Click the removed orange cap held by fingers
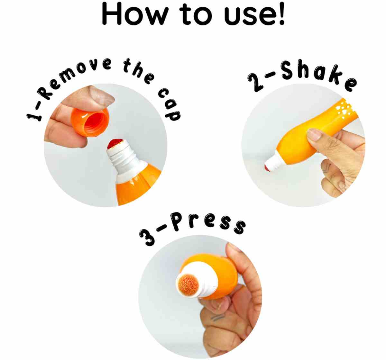pyautogui.click(x=90, y=122)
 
